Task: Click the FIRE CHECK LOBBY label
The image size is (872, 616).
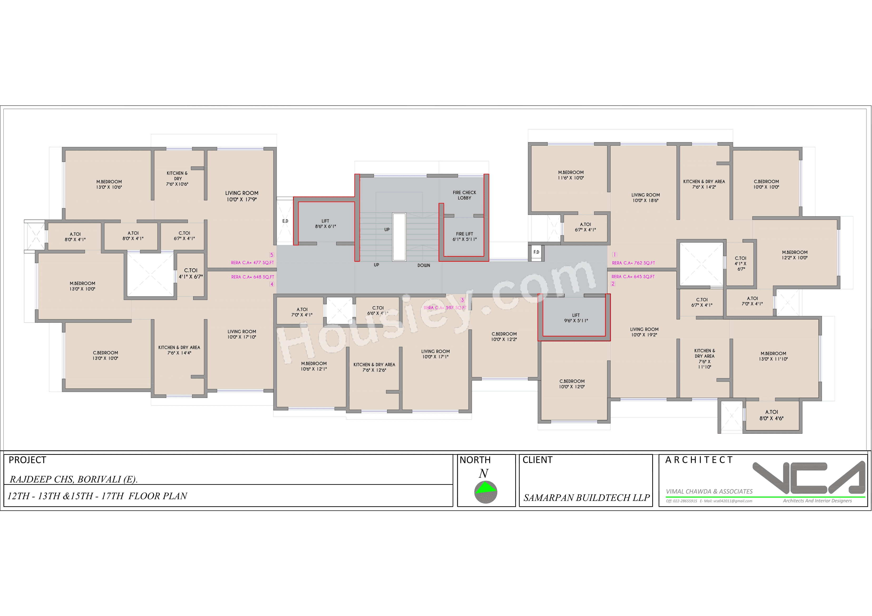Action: coord(464,195)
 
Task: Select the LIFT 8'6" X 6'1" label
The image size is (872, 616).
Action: coord(325,224)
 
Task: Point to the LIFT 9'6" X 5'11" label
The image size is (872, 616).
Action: coord(576,318)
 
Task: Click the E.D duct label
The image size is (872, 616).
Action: coord(285,221)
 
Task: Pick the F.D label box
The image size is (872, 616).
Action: coord(536,252)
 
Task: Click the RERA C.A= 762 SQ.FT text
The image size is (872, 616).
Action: coord(633,263)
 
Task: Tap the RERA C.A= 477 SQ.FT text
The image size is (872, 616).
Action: coord(252,262)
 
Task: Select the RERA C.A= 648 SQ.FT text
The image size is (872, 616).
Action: coord(252,277)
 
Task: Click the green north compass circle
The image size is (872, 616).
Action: coord(485,492)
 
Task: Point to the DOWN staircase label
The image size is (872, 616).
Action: coord(423,265)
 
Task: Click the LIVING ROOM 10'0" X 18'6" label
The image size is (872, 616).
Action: coord(645,197)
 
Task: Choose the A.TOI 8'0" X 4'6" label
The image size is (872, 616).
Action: coord(771,415)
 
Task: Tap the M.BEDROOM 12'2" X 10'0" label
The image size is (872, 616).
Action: coord(795,255)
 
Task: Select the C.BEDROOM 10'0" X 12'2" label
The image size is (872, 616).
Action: coord(504,337)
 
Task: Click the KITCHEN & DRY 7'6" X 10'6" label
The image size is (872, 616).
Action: coord(177,178)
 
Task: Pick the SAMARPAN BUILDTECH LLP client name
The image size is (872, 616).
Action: coord(586,497)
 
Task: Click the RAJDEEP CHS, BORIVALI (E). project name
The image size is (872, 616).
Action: coord(73,479)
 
